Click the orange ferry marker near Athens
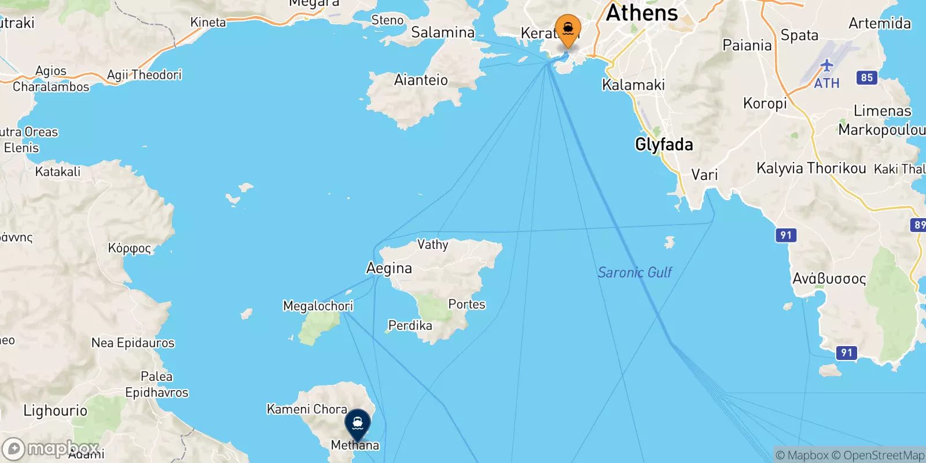568,29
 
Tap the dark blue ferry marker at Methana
357,424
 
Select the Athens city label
641,13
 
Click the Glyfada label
664,144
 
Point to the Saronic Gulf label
634,272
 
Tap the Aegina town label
389,268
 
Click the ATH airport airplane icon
826,65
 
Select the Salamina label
443,32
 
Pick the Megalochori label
318,306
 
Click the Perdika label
410,325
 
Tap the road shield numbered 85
866,78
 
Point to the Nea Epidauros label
133,343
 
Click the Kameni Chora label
307,409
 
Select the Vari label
704,175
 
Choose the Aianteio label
421,80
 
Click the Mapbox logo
51,449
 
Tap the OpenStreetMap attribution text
878,455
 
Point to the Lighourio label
56,411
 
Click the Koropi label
765,103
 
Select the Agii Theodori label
144,75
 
